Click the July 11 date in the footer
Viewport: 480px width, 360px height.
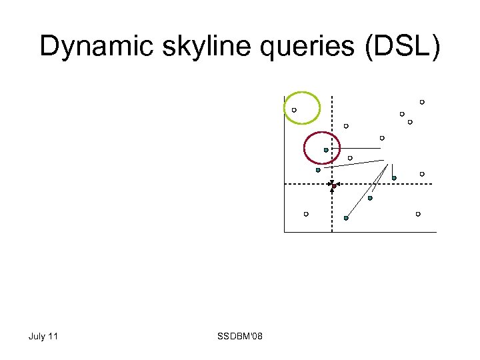point(43,336)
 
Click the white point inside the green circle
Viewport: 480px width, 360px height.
point(294,110)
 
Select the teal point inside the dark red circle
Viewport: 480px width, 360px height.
point(326,150)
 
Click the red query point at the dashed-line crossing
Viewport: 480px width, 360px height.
point(333,185)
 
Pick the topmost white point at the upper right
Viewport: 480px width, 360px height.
point(422,102)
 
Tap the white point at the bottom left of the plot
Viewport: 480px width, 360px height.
point(306,214)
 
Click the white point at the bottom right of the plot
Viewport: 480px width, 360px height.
point(418,214)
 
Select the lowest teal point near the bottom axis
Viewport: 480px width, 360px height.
point(346,218)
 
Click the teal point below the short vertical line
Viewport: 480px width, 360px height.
point(394,178)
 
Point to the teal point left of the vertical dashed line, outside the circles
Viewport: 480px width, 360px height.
point(318,170)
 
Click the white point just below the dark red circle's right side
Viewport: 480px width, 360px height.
point(350,158)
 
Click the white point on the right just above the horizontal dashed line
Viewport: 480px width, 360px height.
point(422,174)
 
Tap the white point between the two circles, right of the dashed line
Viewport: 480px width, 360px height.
point(346,126)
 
